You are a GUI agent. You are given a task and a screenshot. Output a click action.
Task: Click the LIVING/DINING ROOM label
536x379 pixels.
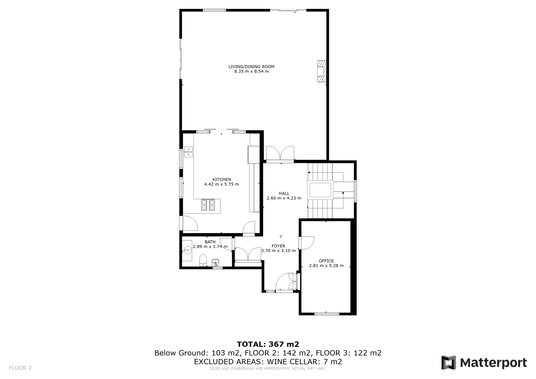click(251, 67)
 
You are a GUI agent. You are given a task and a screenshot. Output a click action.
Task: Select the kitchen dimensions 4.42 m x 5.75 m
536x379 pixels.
click(221, 184)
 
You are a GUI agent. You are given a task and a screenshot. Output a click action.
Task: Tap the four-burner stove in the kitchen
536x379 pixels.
click(208, 205)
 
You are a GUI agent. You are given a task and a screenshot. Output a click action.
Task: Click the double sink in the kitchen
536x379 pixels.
click(189, 152)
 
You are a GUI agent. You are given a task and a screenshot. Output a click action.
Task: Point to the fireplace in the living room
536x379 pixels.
click(322, 71)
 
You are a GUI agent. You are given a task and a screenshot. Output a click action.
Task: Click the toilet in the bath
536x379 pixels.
click(203, 260)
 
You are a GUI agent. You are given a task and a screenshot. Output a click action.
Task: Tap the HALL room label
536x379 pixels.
click(284, 193)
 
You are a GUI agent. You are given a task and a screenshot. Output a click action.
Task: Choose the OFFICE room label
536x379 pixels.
click(326, 261)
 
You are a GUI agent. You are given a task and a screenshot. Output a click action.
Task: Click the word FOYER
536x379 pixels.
click(278, 246)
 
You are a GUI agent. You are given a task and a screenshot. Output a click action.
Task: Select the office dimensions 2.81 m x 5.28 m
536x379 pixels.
click(326, 265)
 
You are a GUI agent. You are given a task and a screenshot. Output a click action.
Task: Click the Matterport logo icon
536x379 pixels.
click(449, 363)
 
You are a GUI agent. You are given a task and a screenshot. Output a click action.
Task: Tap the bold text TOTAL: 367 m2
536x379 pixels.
click(268, 344)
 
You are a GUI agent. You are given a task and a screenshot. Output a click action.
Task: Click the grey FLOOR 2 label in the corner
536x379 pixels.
click(20, 368)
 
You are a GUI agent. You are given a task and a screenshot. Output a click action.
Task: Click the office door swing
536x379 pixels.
click(307, 243)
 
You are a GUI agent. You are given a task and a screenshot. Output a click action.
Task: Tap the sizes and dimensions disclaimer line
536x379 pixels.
click(268, 369)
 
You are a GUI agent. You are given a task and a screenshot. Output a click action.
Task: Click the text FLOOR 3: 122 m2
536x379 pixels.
click(349, 353)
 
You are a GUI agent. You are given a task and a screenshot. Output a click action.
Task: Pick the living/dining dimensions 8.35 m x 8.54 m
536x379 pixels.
click(252, 71)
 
